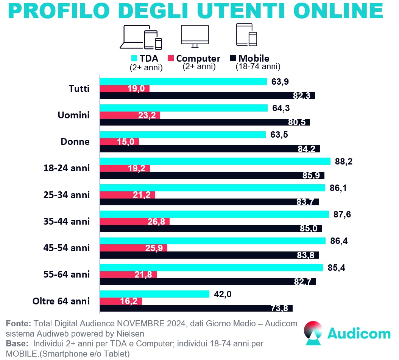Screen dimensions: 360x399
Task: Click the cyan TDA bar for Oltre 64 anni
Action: tap(154, 294)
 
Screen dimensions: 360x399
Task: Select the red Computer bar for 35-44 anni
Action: tap(134, 221)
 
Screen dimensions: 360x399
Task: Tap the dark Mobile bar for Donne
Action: tap(209, 149)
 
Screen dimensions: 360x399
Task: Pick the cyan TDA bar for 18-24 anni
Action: tap(215, 161)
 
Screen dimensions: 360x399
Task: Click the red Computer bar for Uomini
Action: tap(129, 115)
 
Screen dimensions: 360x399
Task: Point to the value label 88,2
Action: tap(343, 161)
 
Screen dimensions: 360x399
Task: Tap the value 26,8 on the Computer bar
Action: tap(156, 221)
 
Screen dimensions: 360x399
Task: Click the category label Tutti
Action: tap(79, 89)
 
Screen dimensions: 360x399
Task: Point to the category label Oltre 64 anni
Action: tap(61, 301)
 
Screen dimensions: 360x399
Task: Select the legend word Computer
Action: tap(198, 59)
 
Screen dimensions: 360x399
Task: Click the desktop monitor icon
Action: tap(195, 36)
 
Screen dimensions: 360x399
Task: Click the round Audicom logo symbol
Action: tap(314, 333)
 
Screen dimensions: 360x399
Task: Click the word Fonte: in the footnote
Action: tap(19, 324)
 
